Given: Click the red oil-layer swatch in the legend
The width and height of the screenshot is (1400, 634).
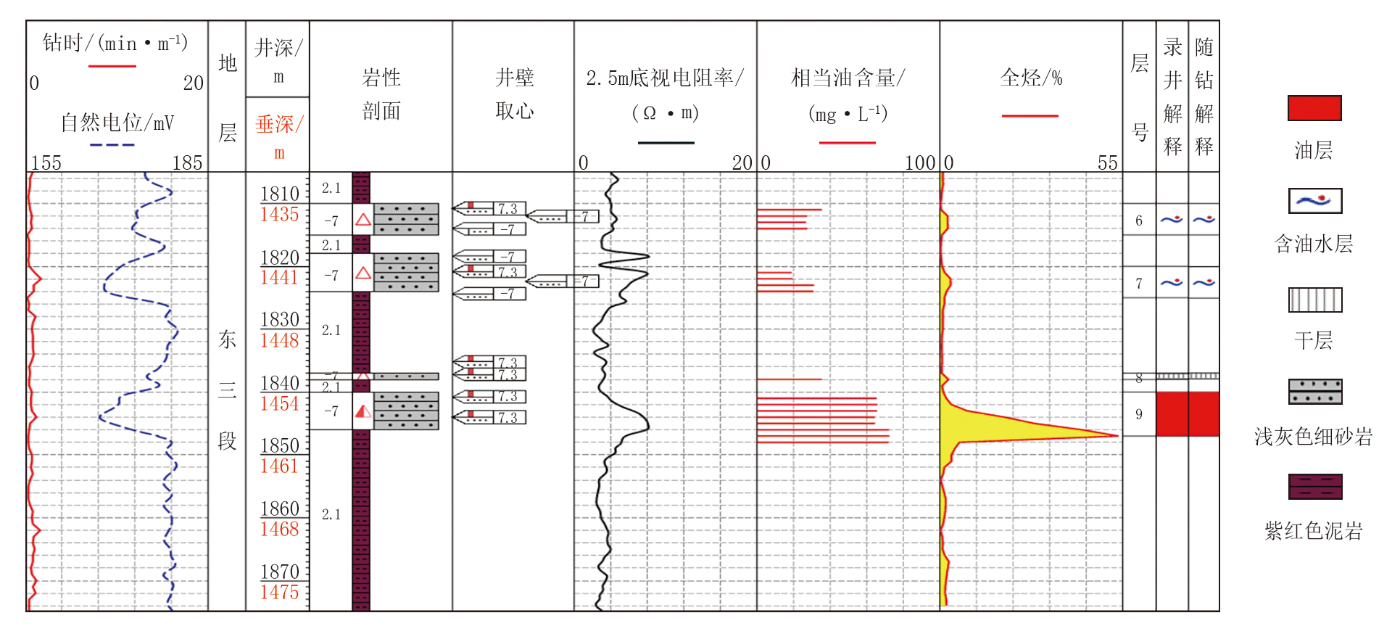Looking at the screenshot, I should tap(1314, 108).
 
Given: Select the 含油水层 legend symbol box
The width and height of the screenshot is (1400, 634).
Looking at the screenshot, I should tap(1314, 201).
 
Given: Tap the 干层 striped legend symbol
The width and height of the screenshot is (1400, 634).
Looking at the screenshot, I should tap(1314, 300).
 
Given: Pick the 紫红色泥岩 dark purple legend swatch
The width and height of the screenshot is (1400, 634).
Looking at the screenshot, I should tap(1314, 486).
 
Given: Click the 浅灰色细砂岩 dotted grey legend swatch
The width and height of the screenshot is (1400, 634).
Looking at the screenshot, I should tap(1314, 392).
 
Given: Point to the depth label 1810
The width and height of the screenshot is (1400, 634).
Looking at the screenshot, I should tap(280, 194).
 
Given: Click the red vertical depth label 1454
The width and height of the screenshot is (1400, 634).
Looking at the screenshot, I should tap(280, 404).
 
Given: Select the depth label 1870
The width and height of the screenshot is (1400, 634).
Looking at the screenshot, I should tap(280, 572).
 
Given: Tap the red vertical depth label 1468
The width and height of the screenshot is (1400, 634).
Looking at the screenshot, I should tap(280, 530).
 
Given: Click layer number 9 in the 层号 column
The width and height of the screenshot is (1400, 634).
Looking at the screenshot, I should tap(1139, 414).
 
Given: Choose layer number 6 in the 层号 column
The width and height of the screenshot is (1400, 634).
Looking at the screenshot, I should tap(1139, 221).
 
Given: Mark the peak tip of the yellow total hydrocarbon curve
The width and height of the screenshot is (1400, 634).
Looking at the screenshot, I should tap(1117, 435).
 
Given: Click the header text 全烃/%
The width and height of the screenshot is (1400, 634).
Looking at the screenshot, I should tap(1031, 78).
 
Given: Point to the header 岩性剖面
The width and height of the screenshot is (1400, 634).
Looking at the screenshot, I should tap(381, 94).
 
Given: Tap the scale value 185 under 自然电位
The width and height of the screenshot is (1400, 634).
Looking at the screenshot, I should tap(187, 162).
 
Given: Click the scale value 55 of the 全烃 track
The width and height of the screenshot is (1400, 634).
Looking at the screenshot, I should tap(1107, 162).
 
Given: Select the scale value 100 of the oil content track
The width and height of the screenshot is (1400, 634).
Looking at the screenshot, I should tap(920, 162).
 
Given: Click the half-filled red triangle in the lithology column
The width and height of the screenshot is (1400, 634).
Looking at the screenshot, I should tap(363, 412).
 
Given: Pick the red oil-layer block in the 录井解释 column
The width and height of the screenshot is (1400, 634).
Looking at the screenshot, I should tap(1172, 414).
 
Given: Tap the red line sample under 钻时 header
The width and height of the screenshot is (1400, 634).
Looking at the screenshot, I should tap(112, 66).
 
